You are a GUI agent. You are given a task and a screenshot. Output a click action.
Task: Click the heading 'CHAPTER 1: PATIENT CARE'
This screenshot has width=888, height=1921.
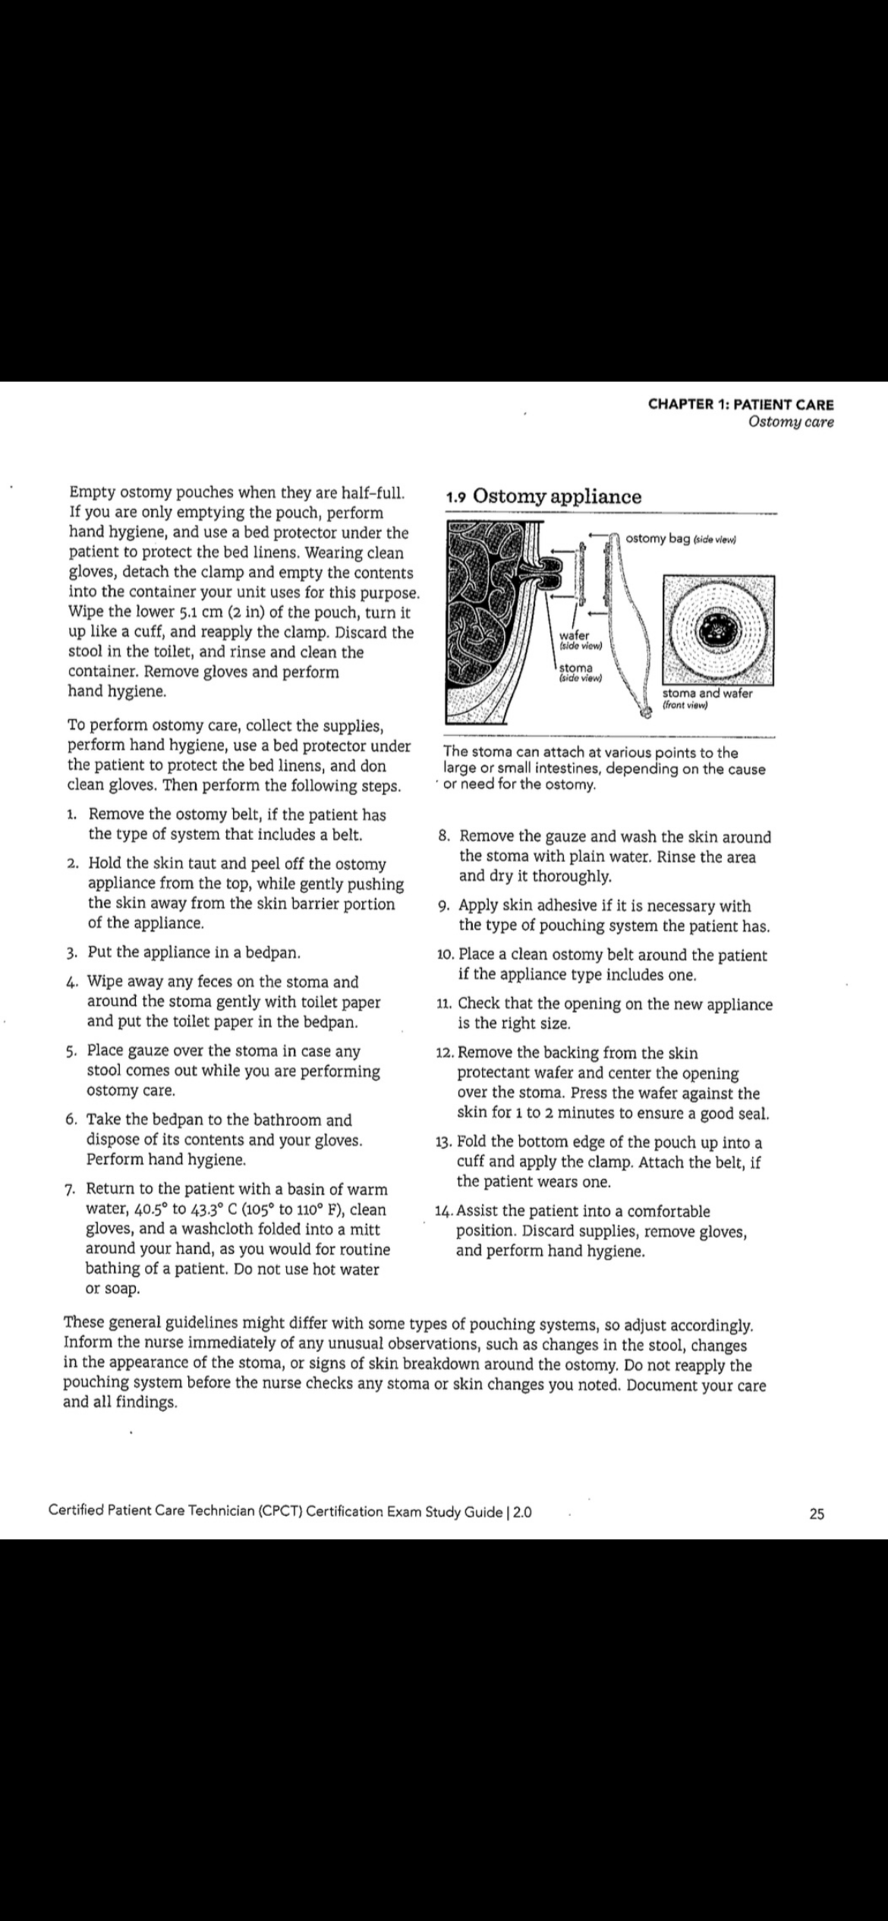tap(740, 405)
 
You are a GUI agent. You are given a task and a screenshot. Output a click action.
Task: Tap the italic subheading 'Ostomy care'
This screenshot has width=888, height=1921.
tap(790, 423)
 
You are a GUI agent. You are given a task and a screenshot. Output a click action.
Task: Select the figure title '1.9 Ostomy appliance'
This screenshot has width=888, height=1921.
tap(543, 497)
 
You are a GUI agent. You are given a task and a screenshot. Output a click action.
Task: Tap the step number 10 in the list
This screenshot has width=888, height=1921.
tap(446, 956)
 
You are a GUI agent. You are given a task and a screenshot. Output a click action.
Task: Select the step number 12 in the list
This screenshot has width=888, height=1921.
tap(445, 1054)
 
